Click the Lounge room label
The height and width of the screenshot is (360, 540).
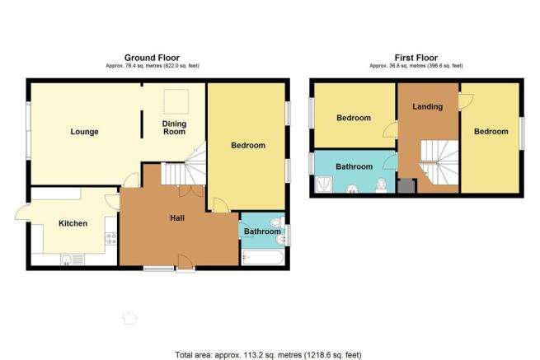(84, 132)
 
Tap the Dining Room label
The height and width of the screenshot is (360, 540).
(174, 128)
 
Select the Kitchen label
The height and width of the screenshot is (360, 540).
(73, 223)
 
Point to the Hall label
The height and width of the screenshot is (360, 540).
(177, 217)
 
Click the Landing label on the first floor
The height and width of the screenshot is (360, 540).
(428, 107)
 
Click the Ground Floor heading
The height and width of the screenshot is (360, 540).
(152, 58)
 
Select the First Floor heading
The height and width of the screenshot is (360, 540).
(416, 58)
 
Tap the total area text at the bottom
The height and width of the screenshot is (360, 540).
(268, 354)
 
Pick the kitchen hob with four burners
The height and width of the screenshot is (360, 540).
(111, 239)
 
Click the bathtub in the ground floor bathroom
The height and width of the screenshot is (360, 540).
(263, 258)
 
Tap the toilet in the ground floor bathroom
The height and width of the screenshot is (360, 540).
(278, 222)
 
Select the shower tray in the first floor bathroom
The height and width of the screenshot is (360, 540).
(324, 185)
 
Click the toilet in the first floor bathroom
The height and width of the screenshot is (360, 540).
(381, 185)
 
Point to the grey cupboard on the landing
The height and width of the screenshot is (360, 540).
(406, 186)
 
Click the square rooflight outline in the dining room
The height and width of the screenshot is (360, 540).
(176, 101)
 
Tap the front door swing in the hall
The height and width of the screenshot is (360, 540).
(185, 262)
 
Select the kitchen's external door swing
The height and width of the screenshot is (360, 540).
(23, 213)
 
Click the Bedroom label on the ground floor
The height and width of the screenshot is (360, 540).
(248, 145)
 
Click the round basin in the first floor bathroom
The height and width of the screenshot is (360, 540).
(352, 189)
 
